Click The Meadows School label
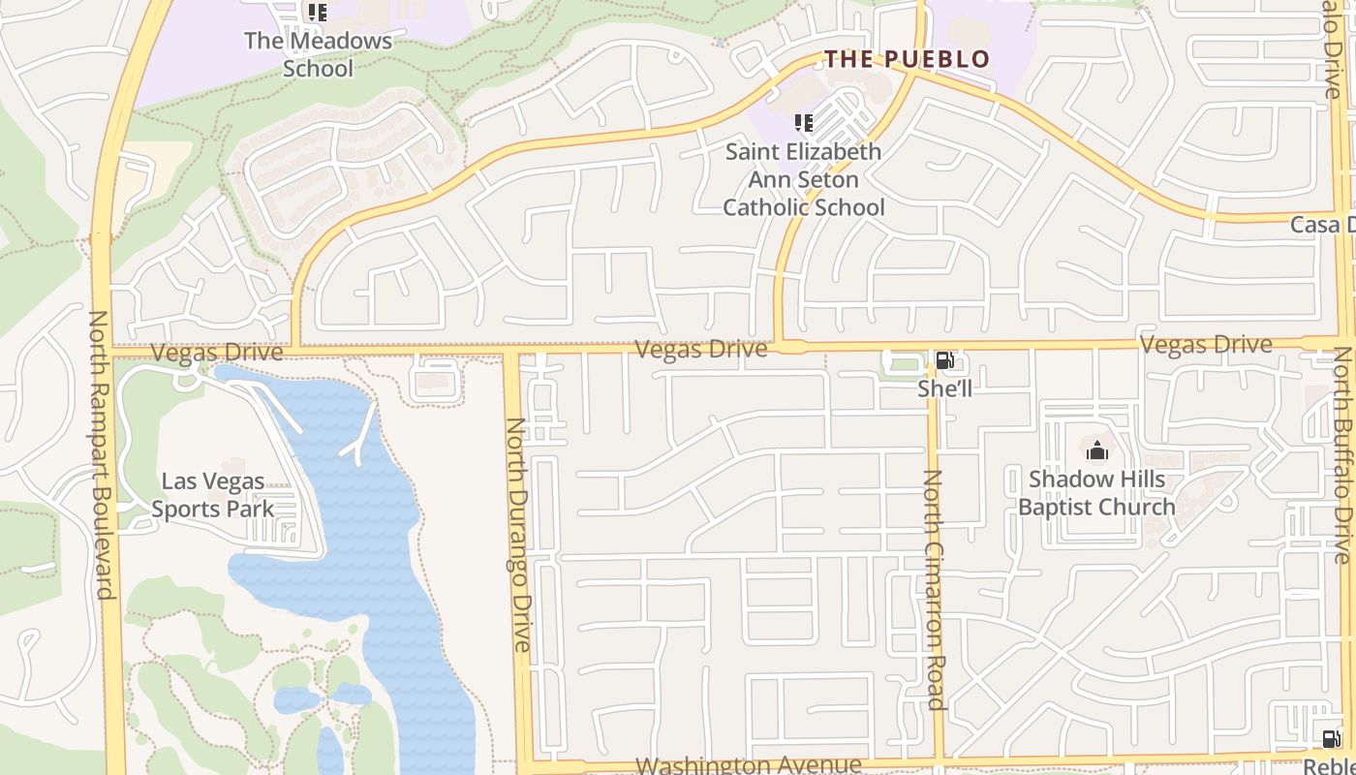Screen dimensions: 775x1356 318,54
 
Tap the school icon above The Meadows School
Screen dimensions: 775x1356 317,13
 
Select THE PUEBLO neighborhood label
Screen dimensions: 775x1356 908,59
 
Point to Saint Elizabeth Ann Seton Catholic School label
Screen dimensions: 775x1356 804,179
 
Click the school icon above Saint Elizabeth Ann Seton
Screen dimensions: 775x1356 803,123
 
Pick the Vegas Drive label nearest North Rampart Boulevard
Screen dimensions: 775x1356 217,352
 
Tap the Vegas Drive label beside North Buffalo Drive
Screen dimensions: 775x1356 1206,344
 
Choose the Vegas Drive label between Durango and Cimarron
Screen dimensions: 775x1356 701,349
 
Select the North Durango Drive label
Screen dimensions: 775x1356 519,534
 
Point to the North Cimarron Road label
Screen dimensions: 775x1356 934,589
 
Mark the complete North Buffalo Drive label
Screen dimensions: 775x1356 1342,455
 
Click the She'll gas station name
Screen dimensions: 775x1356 944,387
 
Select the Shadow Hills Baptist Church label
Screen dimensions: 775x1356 1096,492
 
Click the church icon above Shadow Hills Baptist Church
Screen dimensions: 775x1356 1096,450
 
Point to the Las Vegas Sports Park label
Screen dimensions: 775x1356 212,495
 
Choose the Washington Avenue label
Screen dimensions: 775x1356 748,765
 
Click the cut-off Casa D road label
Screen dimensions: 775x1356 1322,225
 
